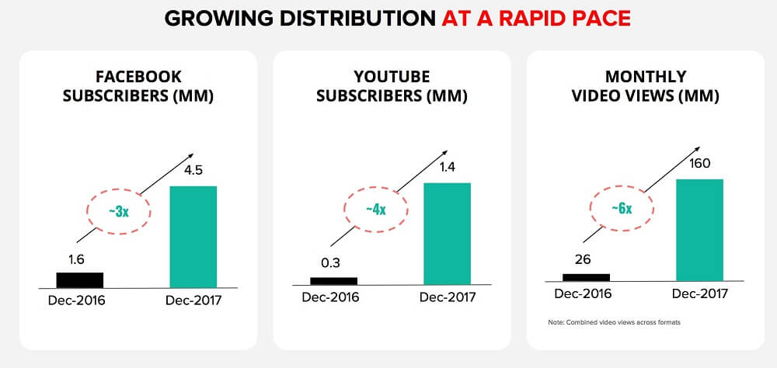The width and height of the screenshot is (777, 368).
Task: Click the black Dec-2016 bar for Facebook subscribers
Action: pyautogui.click(x=80, y=279)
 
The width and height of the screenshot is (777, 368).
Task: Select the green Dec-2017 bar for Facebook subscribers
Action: pyautogui.click(x=193, y=236)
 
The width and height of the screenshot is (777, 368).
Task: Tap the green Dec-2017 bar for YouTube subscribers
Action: pyautogui.click(x=447, y=234)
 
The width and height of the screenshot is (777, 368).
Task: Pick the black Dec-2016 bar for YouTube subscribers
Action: pyautogui.click(x=333, y=281)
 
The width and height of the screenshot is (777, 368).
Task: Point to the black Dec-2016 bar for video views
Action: pyautogui.click(x=587, y=276)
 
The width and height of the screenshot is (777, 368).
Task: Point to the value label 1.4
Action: pyautogui.click(x=447, y=167)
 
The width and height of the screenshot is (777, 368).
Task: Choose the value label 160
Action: pyautogui.click(x=700, y=163)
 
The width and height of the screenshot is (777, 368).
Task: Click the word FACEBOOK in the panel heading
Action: pyautogui.click(x=138, y=77)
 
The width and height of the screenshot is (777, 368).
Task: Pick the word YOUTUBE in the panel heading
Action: pyautogui.click(x=392, y=77)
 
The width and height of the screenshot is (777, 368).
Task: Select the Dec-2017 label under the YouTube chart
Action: pyautogui.click(x=447, y=298)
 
